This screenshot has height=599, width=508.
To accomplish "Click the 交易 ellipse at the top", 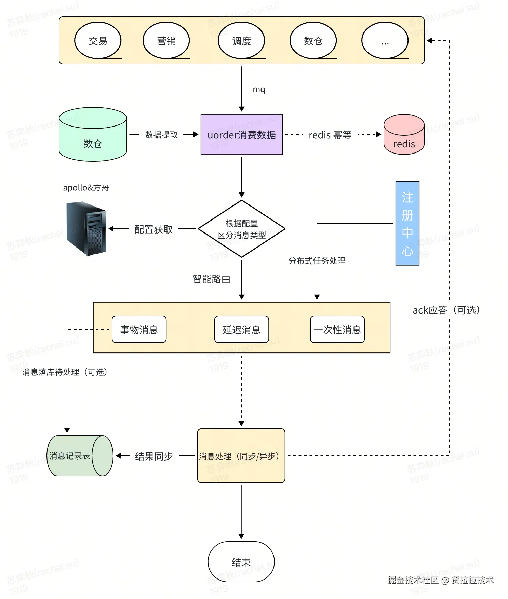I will pos(98,41).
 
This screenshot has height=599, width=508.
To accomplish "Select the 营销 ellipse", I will pos(166,41).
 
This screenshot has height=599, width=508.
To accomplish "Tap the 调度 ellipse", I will pos(241,41).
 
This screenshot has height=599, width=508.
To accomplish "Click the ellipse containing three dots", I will pos(385,41).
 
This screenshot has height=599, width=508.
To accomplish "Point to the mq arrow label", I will pos(259,89).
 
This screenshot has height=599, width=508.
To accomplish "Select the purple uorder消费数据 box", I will pos(242,134).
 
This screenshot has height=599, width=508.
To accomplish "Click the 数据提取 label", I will pos(161,135).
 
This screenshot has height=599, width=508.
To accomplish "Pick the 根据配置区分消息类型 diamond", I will pos(242,229).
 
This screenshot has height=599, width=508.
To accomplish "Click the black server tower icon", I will pos(86,228).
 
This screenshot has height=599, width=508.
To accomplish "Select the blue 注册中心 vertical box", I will pos(407,223).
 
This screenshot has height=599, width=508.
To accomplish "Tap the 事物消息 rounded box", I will pos(139,329).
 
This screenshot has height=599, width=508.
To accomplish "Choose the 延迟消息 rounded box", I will pos(242,329).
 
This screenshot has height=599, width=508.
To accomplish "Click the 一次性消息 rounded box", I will pos(337,329).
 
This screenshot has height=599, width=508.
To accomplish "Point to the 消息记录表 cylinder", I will pos(80,456).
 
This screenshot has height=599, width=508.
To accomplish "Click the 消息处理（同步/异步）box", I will pos(241,456).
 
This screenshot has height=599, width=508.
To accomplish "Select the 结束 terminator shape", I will pos(241,562).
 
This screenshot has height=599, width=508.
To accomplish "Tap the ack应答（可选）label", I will pos(446,310).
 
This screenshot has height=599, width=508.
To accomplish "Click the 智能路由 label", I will pos(211,279).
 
